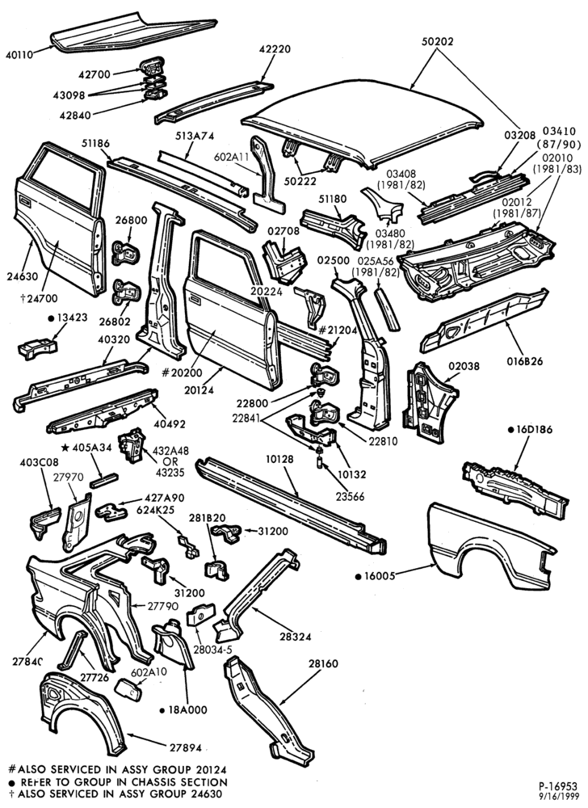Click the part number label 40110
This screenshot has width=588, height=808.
(x=19, y=53)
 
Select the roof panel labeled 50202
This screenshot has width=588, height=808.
(x=363, y=124)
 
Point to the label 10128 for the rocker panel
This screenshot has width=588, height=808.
(x=280, y=459)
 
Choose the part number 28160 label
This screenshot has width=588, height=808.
(x=323, y=663)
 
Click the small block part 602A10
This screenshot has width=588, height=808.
(x=128, y=689)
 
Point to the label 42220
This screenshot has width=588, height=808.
(x=275, y=49)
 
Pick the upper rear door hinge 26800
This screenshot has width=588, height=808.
(x=126, y=252)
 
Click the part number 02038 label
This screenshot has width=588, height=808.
(x=464, y=366)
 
